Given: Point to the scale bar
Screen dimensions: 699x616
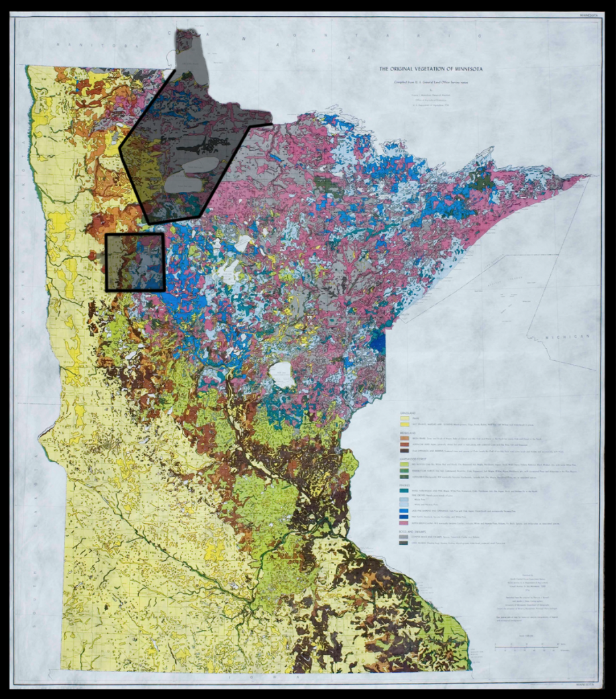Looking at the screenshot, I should point(523,646).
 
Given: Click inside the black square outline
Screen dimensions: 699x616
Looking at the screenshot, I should point(135,262).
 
